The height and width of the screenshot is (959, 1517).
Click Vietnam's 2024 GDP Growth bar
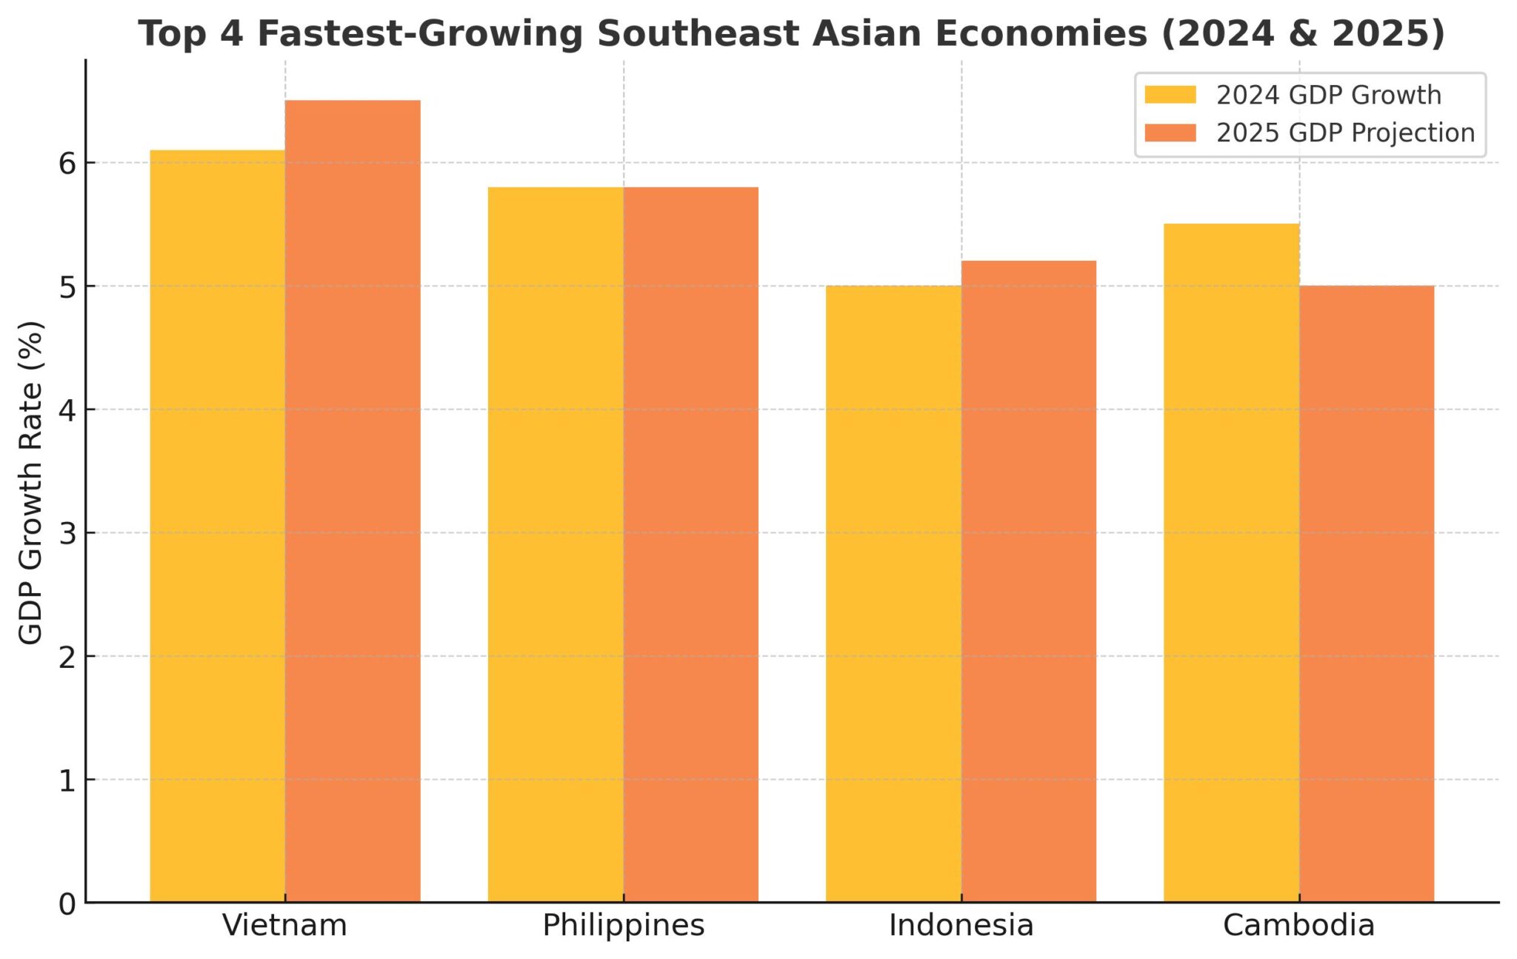217,526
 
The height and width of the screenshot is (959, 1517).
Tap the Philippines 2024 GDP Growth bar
556,544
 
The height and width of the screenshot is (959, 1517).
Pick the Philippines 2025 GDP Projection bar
690,544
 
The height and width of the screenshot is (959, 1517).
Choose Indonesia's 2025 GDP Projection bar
1029,581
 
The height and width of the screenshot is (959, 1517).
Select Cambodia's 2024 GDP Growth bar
1231,563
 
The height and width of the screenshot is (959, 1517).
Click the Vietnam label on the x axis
284,926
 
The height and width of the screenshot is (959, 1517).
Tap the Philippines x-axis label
623,926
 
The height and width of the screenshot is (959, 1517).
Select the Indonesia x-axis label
961,926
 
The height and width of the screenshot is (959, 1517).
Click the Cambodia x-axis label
1298,926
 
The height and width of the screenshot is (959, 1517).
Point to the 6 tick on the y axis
67,164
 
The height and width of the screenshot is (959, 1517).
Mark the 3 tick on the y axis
67,533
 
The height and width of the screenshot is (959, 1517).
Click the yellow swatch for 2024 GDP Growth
1170,95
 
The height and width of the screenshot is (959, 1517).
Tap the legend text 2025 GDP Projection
1345,133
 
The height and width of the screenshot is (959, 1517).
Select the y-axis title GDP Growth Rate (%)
30,483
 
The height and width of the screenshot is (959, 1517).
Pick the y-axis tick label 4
67,410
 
